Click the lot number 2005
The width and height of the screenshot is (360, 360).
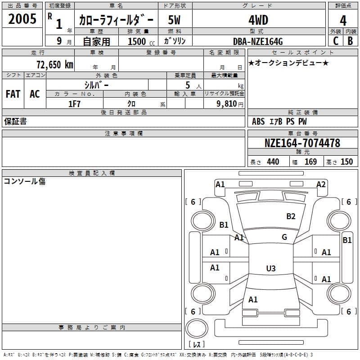coord(22,19)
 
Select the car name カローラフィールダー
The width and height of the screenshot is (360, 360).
coord(116,20)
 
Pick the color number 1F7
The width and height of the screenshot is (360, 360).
coord(74,103)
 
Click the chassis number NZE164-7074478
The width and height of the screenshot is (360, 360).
coord(302,143)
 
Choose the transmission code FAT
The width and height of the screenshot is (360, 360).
coord(13,94)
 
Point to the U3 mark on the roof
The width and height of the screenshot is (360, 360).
coord(270,269)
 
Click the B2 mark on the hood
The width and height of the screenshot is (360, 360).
coord(291,216)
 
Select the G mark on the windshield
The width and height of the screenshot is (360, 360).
coord(284,237)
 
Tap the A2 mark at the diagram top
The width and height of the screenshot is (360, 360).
coord(321,184)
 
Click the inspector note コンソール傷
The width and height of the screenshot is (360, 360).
coord(24,181)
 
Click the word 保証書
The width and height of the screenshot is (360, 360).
coord(15,121)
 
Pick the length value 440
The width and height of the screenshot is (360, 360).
coord(273,162)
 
